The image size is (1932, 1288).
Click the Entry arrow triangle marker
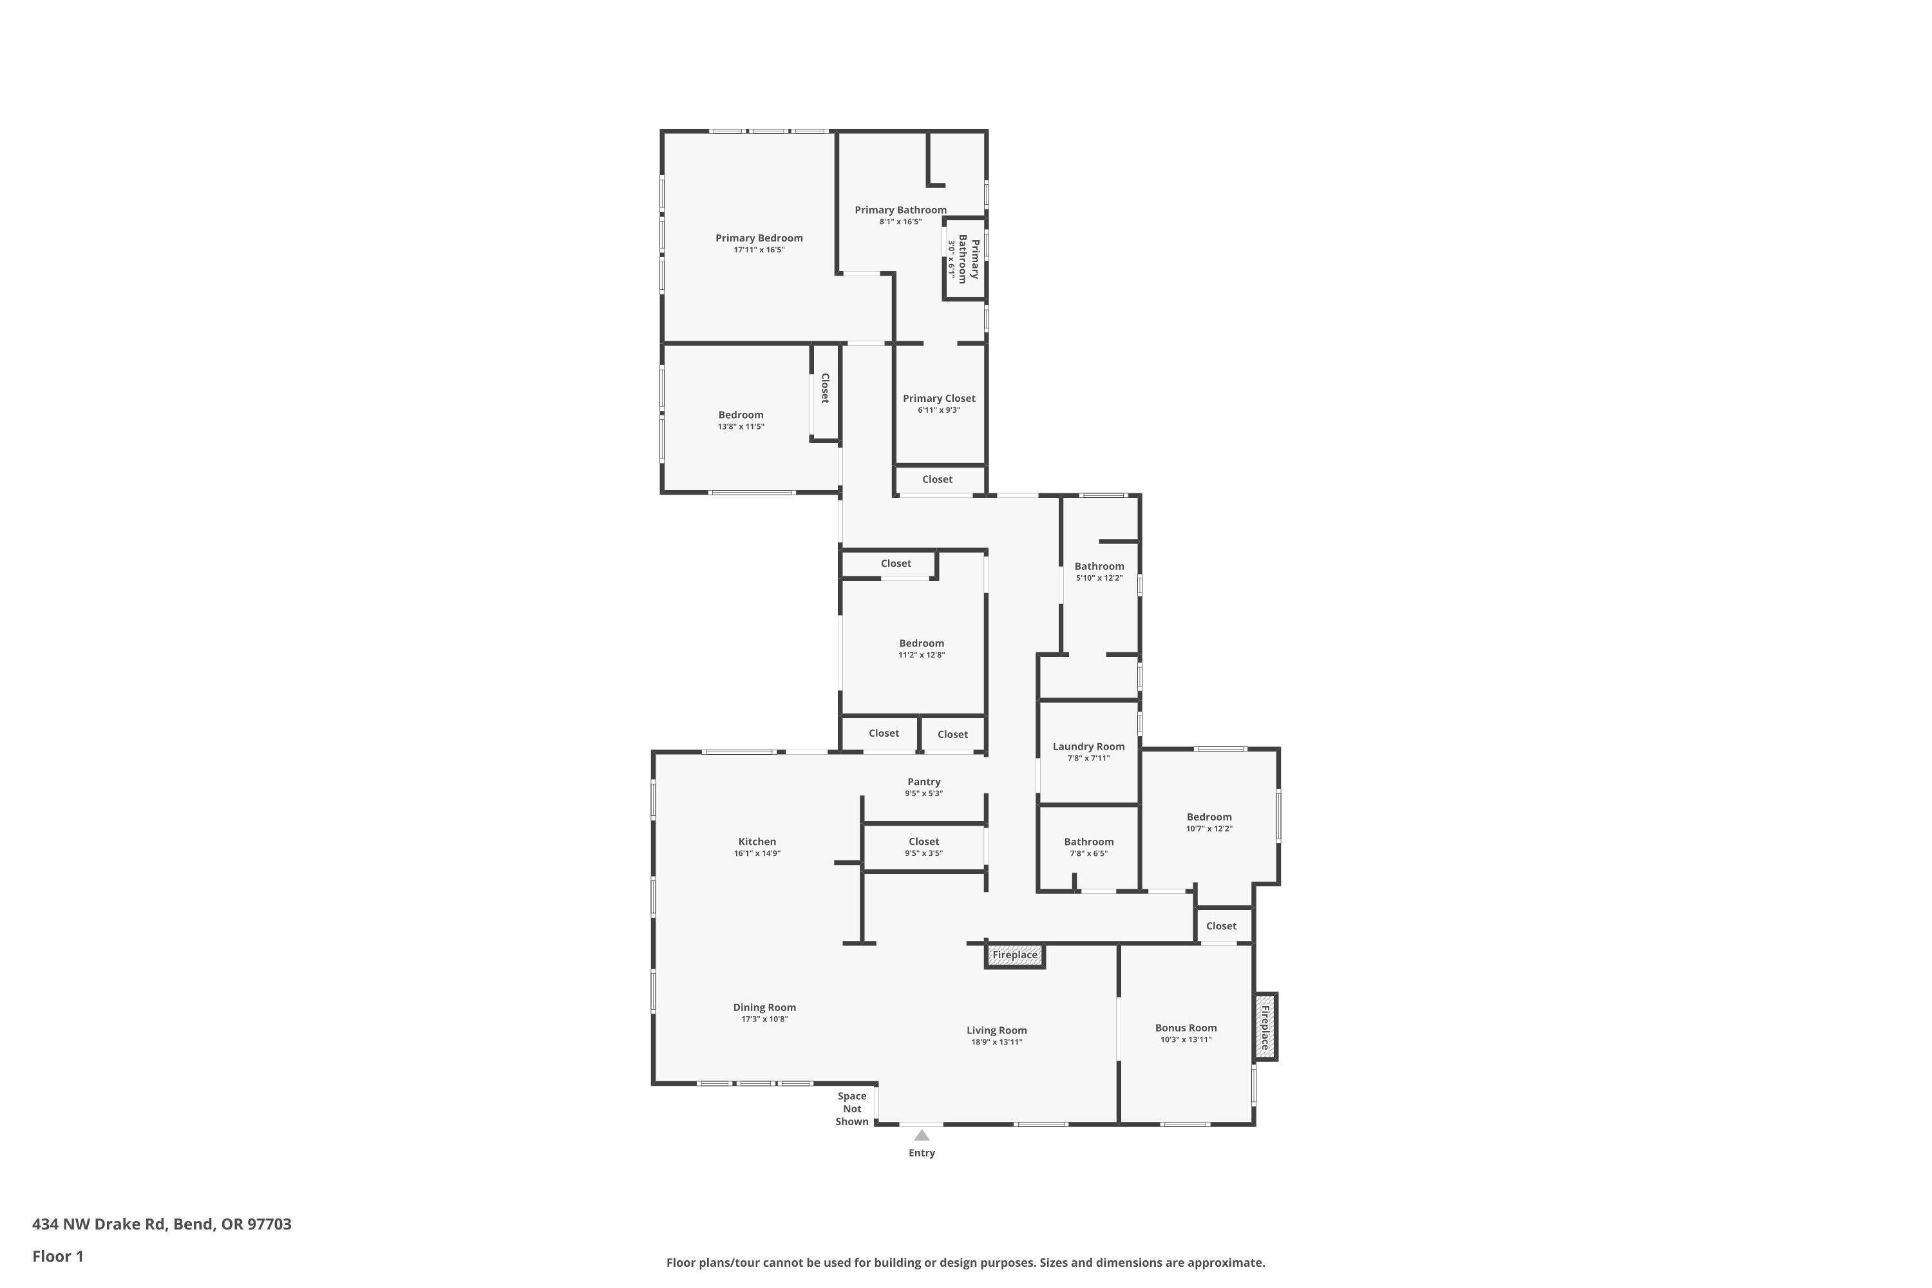pos(922,1135)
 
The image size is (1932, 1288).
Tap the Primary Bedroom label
pos(759,238)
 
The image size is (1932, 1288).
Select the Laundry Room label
pos(1088,746)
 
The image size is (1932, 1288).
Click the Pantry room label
pos(923,782)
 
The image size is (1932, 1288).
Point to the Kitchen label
pos(757,841)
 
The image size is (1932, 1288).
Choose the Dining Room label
pos(764,1007)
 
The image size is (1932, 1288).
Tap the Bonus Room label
pos(1186,1028)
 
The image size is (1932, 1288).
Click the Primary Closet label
pos(939,399)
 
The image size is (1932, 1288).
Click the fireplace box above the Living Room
pos(1014,955)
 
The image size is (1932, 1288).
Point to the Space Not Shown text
pos(852,1109)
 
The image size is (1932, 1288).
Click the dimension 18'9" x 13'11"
pos(996,1043)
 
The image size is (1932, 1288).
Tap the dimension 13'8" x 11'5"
pos(741,427)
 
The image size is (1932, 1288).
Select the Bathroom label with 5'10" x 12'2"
pos(1099,566)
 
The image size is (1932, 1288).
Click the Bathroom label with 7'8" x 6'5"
pos(1088,841)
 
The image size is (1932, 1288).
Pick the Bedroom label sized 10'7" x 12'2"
pos(1209,817)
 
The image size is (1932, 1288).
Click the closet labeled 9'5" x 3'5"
pos(923,841)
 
